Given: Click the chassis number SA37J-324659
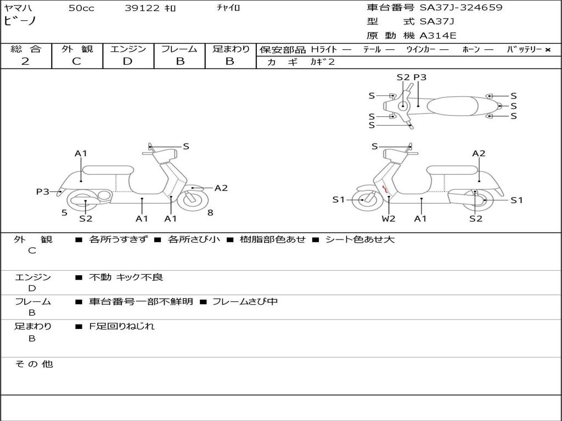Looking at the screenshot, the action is click(461, 8).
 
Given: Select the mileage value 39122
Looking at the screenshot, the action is click(142, 8).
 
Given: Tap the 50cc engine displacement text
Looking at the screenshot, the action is click(81, 8).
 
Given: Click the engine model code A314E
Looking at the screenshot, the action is click(438, 36).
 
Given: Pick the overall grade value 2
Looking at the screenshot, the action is click(25, 61).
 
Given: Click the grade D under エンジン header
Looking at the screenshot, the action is click(127, 61).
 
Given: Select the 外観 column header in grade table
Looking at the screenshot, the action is click(77, 49).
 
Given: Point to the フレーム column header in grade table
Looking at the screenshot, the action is click(179, 49).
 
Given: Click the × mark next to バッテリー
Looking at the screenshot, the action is click(547, 50).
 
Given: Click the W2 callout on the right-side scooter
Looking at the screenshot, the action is click(389, 219).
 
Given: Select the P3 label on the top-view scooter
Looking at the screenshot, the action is click(420, 77).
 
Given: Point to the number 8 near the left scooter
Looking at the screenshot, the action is click(210, 212).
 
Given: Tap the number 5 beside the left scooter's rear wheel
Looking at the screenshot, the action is click(64, 212).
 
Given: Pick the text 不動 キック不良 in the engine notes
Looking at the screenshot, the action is click(126, 277).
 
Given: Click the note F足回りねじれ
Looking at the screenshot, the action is click(122, 326).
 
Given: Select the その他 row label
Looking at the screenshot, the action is click(33, 364).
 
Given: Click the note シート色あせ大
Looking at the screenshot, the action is click(359, 240).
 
